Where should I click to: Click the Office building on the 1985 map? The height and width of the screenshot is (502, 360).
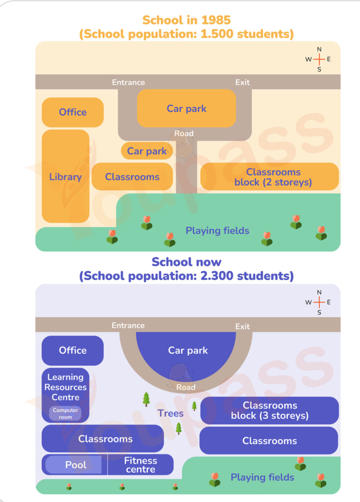tap(72, 112)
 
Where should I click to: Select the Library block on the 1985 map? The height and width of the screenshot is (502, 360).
tap(65, 176)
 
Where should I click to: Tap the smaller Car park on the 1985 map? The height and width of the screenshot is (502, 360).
tap(147, 151)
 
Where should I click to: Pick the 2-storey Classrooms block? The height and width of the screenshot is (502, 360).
tap(269, 177)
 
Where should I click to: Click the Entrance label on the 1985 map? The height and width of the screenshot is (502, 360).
tap(129, 83)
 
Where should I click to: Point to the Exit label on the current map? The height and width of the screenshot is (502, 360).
tap(242, 326)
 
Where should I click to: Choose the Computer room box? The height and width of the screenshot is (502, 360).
tap(65, 413)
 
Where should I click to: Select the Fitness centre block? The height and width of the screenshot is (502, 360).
tap(141, 465)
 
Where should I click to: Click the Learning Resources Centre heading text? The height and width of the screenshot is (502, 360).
tap(65, 387)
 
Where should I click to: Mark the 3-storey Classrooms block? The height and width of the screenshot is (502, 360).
tap(269, 410)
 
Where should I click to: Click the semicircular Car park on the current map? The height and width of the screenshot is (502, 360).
tap(186, 354)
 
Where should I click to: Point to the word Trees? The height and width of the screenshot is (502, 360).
tap(171, 413)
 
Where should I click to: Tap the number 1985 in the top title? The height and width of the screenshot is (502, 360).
tap(216, 20)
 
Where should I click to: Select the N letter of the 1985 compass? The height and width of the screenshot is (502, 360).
tap(319, 49)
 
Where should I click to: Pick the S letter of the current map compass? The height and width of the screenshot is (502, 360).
tap(319, 312)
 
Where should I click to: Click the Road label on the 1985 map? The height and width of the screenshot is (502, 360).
tap(184, 133)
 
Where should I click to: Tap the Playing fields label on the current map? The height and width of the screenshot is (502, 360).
tap(262, 477)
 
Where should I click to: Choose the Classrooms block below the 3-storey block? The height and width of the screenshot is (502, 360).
tap(269, 441)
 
